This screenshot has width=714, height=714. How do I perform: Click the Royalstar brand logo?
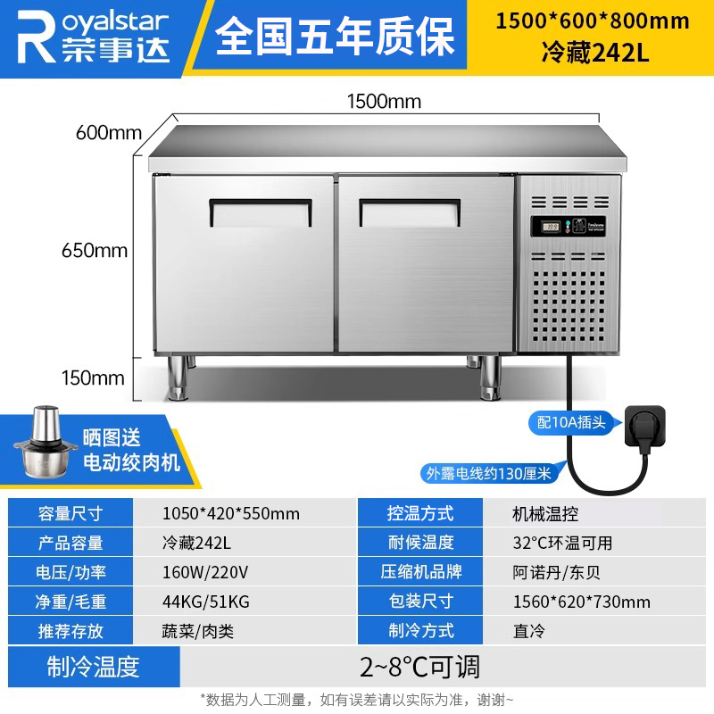pyautogui.click(x=94, y=37)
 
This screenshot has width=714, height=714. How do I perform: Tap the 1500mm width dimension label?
pyautogui.click(x=384, y=101)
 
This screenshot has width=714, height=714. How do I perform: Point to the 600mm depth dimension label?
pyautogui.click(x=109, y=132)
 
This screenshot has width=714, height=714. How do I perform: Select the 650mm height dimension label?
pyautogui.click(x=95, y=251)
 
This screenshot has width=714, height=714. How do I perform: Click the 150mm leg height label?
pyautogui.click(x=93, y=378)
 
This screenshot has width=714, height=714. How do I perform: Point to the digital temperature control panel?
pyautogui.click(x=569, y=227)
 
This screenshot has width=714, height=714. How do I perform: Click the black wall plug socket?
pyautogui.click(x=645, y=427)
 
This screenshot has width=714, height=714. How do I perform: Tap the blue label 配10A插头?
pyautogui.click(x=571, y=422)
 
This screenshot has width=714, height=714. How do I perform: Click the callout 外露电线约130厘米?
pyautogui.click(x=488, y=474)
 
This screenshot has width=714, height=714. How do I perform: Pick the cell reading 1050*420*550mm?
pyautogui.click(x=231, y=514)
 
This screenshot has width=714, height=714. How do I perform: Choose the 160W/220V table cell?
pyautogui.click(x=205, y=572)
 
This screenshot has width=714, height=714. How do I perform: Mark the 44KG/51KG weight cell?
pyautogui.click(x=206, y=602)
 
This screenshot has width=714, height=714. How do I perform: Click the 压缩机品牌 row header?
pyautogui.click(x=420, y=571)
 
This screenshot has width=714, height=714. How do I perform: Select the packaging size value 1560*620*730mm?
pyautogui.click(x=582, y=602)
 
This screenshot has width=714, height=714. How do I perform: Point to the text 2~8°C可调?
pyautogui.click(x=419, y=667)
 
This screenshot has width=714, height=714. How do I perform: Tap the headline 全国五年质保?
pyautogui.click(x=335, y=36)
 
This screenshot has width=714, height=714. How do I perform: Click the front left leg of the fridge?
pyautogui.click(x=178, y=378)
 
